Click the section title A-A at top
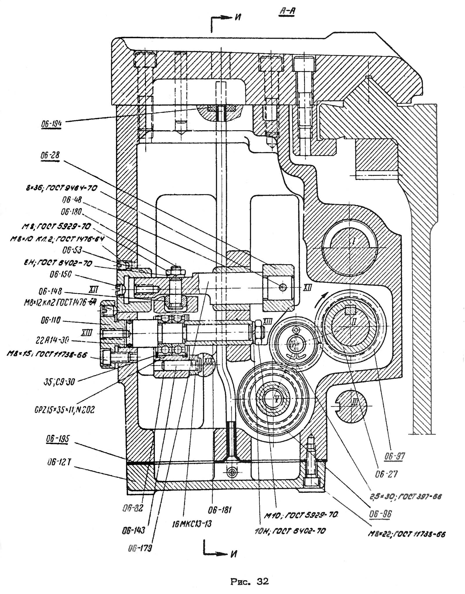pyautogui.click(x=287, y=12)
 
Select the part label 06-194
pyautogui.click(x=51, y=124)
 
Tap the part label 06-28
pyautogui.click(x=50, y=155)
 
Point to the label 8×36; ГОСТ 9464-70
pyautogui.click(x=61, y=188)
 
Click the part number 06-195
pyautogui.click(x=58, y=439)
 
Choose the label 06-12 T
pyautogui.click(x=59, y=462)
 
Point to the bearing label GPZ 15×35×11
pyautogui.click(x=64, y=410)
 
